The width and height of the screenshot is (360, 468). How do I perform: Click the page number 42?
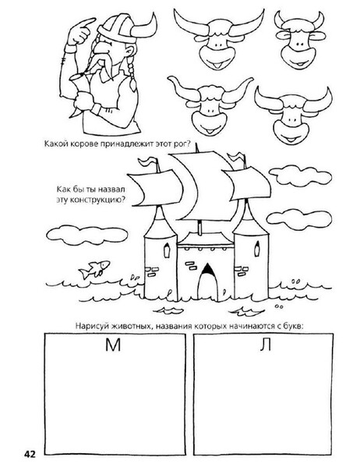pos(30,455)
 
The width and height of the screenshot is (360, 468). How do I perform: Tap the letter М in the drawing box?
pos(113,345)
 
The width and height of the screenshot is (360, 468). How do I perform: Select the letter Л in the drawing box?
pos(265,345)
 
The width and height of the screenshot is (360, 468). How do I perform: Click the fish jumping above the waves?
pos(94,269)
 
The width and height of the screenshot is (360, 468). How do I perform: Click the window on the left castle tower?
pos(167,250)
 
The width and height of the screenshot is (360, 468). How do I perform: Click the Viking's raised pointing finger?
pos(86,23)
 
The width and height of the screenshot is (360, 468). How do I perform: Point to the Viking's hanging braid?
pos(131,75)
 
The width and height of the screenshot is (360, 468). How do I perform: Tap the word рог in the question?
pos(181,144)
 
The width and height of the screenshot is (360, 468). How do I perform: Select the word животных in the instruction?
pos(131,325)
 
